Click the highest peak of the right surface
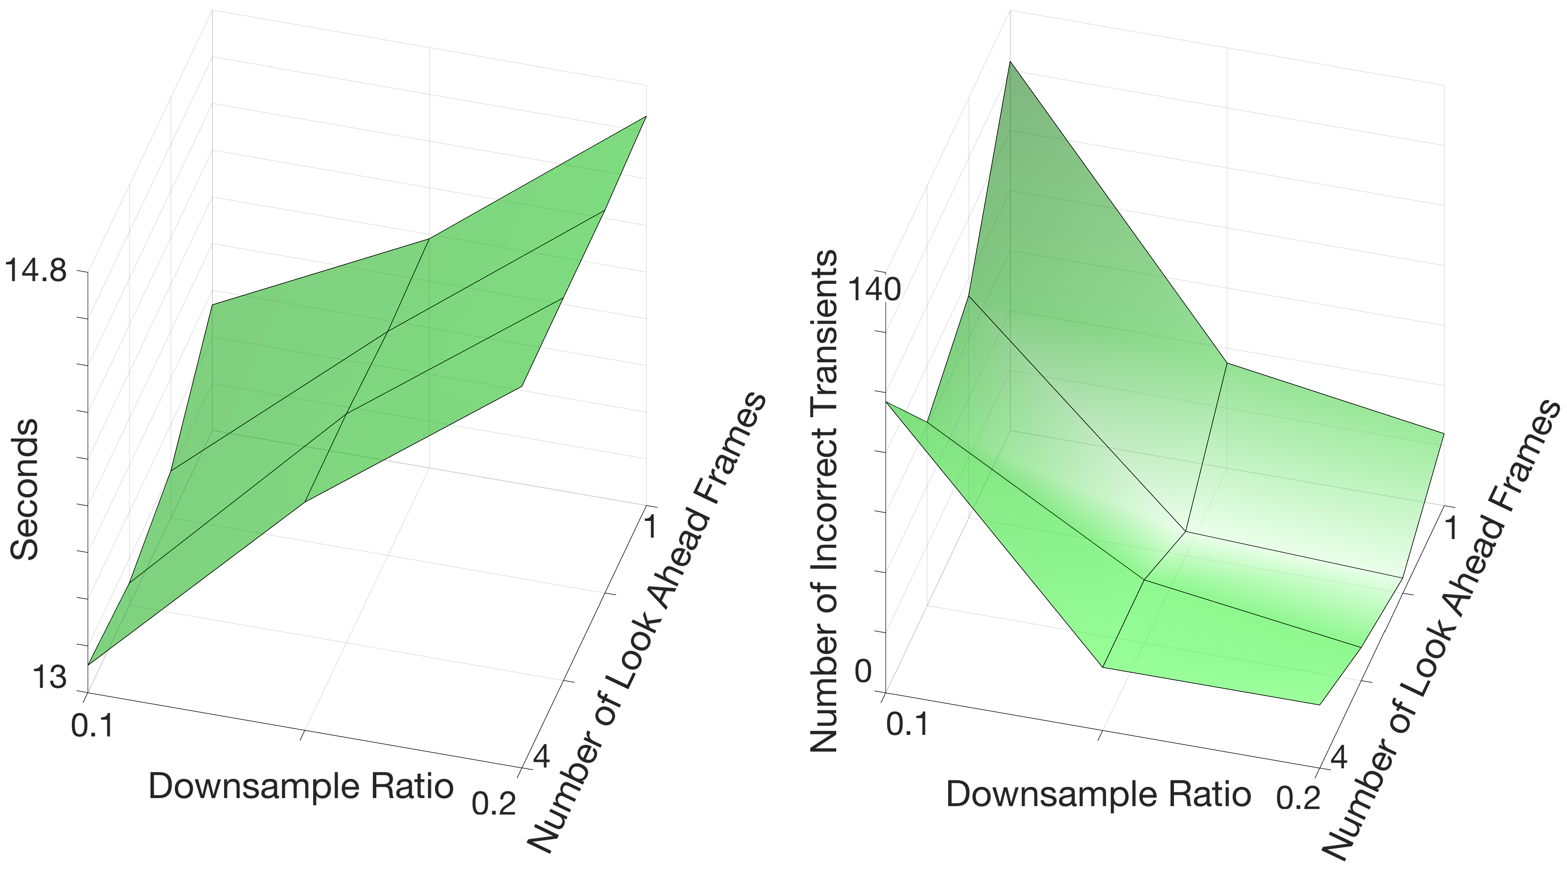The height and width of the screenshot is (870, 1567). [x=1010, y=63]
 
